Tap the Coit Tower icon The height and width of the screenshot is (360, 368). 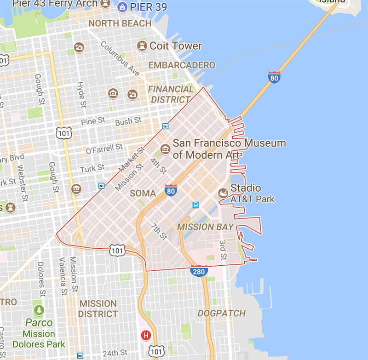[142, 46]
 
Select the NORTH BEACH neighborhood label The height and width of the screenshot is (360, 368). [120, 23]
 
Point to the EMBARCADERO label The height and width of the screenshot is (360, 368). [182, 65]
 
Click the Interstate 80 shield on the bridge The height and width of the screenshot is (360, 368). [274, 77]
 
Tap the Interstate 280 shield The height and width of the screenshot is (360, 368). [199, 271]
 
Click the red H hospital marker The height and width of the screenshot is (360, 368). [146, 335]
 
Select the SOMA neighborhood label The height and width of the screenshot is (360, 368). [143, 194]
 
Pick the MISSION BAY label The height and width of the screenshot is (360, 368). [205, 227]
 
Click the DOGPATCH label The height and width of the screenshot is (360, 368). [222, 313]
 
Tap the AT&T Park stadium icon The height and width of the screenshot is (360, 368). [223, 193]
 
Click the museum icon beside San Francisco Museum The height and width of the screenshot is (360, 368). [165, 149]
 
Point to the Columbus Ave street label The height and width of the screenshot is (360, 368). [120, 59]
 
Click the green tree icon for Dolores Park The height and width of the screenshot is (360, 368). [39, 310]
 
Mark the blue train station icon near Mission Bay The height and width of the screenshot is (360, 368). [195, 205]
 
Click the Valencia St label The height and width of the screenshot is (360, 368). [62, 276]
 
